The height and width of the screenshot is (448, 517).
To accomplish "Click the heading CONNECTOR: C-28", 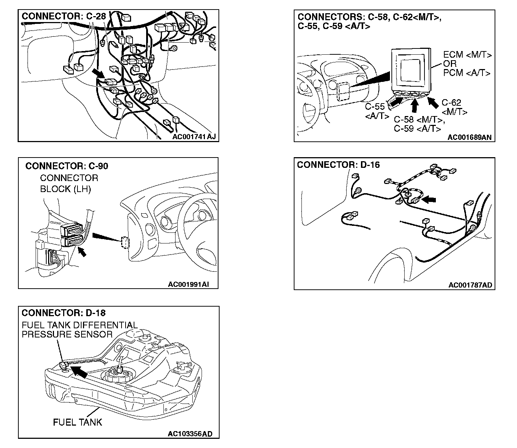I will [x=64, y=17].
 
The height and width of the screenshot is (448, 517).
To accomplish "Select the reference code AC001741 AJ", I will [x=194, y=137].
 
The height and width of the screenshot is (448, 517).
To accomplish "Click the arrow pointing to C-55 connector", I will [x=395, y=102].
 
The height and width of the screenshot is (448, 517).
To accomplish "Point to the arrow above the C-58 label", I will [x=415, y=106].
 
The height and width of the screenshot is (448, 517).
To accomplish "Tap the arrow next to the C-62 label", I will [x=433, y=102].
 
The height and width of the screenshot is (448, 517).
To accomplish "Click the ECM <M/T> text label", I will [x=467, y=55].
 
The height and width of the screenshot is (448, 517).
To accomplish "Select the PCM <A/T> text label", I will [x=467, y=73].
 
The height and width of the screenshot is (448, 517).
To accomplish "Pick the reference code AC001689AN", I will [x=469, y=138].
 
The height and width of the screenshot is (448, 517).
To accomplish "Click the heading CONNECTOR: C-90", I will [x=67, y=166].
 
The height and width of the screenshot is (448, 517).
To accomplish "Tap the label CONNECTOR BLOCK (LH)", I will [x=69, y=184].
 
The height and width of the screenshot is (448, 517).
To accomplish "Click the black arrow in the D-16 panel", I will [x=430, y=200].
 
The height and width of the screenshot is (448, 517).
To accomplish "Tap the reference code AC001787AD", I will [x=470, y=285].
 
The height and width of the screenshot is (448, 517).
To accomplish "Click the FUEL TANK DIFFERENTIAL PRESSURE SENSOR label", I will [x=79, y=329].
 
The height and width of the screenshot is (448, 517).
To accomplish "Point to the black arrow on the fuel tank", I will [x=79, y=372].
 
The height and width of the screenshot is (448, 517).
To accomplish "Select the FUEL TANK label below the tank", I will [x=77, y=422].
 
